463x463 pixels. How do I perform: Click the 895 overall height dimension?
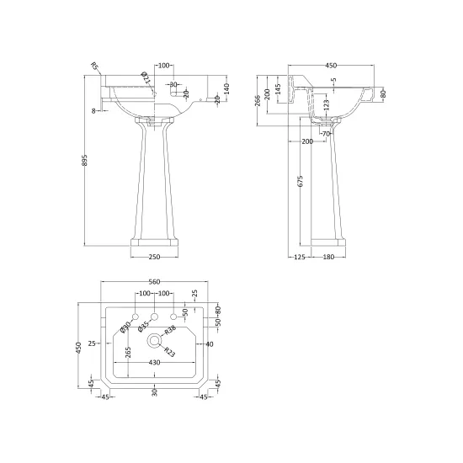pos(85,160)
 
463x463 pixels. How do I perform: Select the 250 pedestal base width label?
pos(154,257)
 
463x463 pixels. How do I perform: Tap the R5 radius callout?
pos(94,66)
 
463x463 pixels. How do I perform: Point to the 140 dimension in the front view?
pos(226,89)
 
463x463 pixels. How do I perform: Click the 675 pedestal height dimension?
pos(301,181)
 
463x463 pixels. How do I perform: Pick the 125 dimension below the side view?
pos(300,257)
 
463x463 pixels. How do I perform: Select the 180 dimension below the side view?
pos(328,257)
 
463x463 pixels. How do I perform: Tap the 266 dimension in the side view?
pos(258,100)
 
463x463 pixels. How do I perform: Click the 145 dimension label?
pos(278,89)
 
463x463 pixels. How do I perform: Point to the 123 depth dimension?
pos(326,105)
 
